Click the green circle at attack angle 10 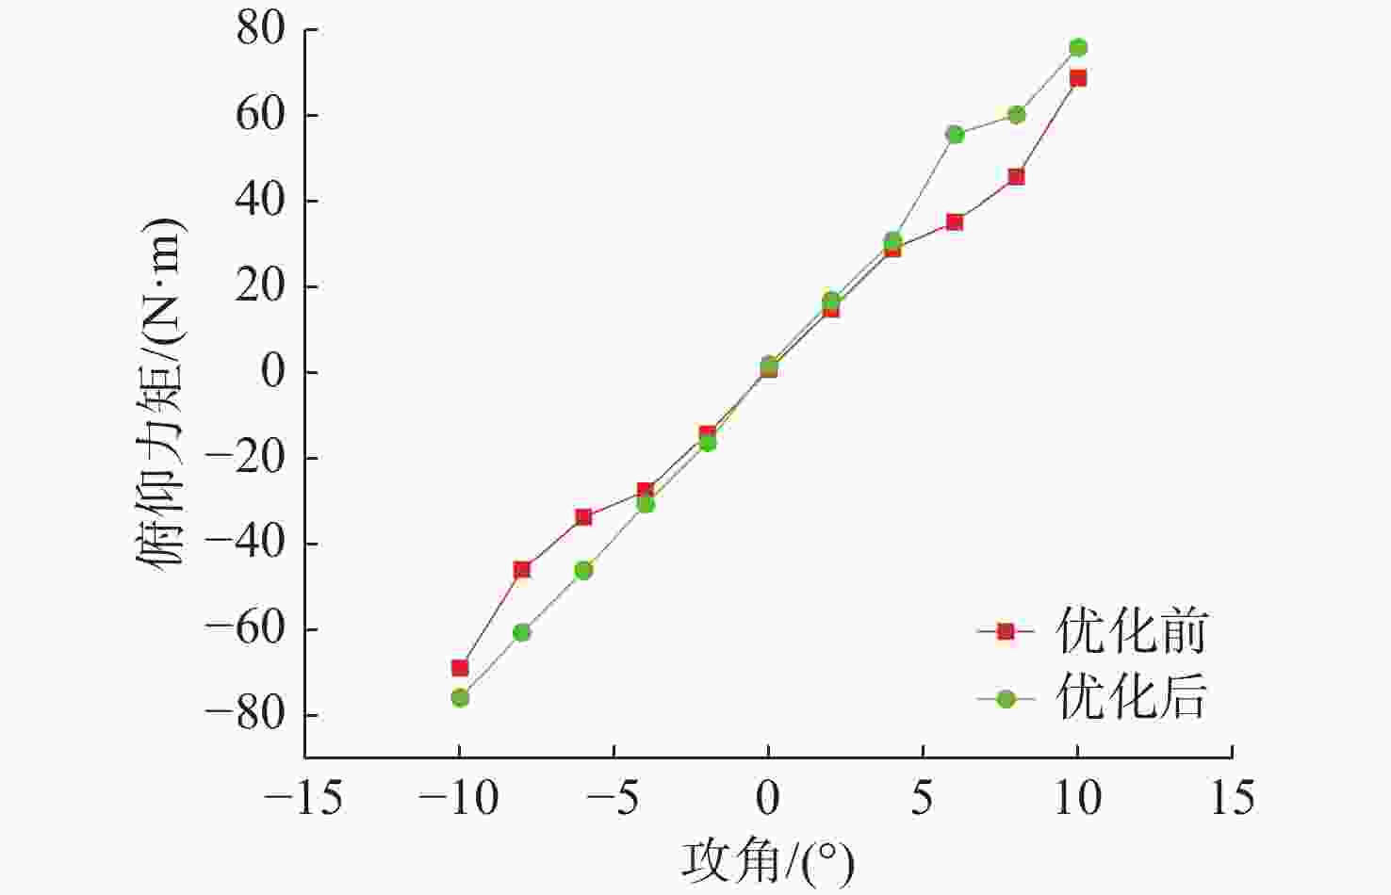coord(1078,48)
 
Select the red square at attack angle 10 coord(1078,78)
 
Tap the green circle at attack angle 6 coord(955,135)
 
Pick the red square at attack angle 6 coord(955,222)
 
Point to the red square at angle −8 coord(522,569)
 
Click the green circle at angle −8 coord(522,632)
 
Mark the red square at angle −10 coord(460,668)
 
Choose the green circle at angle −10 coord(460,698)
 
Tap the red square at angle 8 coord(1016,177)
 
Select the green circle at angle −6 coord(583,570)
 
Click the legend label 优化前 coord(1131,631)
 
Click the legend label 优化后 coord(1131,698)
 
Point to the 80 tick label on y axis coord(260,30)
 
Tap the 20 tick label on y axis coord(260,287)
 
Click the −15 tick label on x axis coord(303,800)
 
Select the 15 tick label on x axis coord(1232,800)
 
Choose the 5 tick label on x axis coord(923,800)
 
